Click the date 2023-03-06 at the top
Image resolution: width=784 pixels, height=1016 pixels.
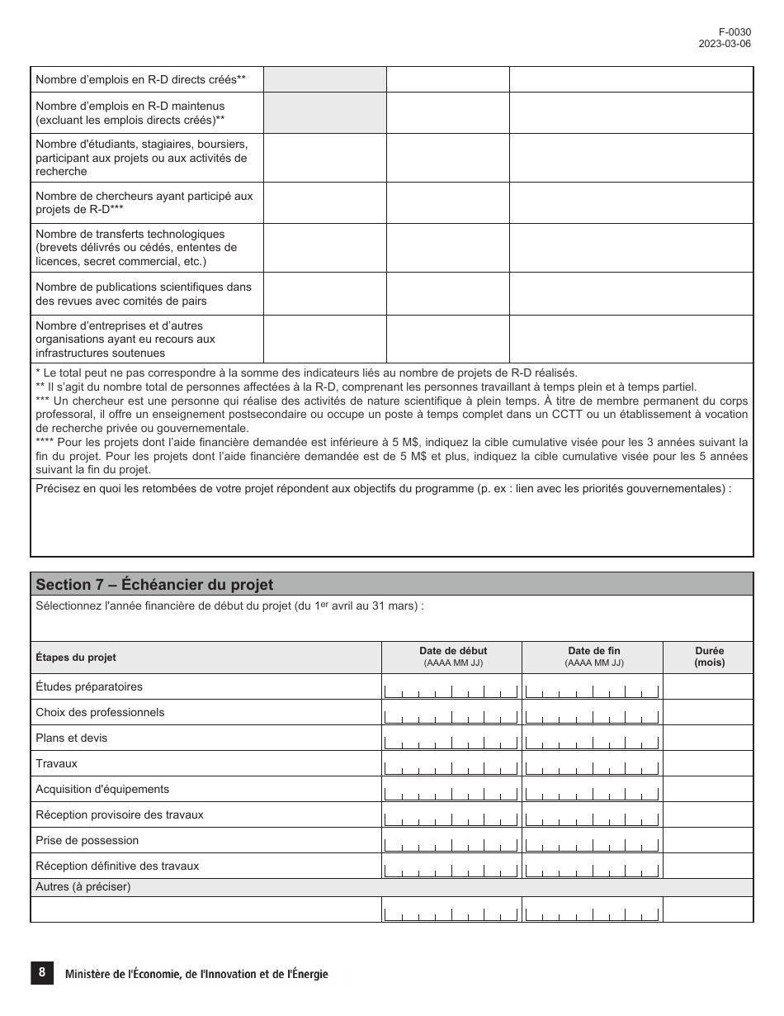(x=725, y=45)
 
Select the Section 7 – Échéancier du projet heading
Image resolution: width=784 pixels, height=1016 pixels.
(x=154, y=584)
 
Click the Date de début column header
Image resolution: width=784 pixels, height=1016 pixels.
(x=452, y=651)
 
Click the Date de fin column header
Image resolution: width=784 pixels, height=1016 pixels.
(x=593, y=651)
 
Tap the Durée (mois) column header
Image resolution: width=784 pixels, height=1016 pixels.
(x=709, y=657)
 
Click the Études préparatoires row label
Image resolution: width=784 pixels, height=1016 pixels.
(x=89, y=686)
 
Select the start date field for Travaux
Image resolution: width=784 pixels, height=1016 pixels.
(x=451, y=764)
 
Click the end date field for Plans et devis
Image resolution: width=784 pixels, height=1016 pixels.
(x=593, y=738)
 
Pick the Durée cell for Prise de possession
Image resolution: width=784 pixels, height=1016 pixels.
(x=708, y=841)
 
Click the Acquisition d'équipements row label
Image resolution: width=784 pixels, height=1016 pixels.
(x=102, y=789)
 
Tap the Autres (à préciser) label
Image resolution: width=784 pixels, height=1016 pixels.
(x=83, y=887)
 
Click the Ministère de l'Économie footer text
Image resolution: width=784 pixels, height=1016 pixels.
(x=196, y=975)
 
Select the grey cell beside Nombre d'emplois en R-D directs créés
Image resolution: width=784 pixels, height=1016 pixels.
(x=324, y=79)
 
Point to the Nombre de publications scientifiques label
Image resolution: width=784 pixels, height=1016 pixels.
(x=144, y=294)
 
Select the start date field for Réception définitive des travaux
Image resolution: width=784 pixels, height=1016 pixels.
(x=451, y=866)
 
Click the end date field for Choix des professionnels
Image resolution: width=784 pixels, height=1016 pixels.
(x=593, y=713)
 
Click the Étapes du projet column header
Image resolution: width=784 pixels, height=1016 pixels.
(x=76, y=658)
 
